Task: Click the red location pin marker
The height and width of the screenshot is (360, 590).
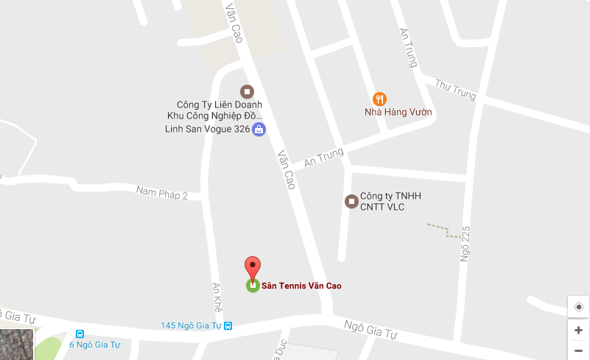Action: tap(253, 268)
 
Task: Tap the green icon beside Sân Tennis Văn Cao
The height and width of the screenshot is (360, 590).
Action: tap(253, 286)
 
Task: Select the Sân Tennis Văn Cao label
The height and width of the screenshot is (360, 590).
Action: tap(302, 286)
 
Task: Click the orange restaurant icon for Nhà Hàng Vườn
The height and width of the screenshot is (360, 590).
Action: tap(379, 99)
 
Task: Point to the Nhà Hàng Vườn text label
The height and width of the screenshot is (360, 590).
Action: tap(398, 113)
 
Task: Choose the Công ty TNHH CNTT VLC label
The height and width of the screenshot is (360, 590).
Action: tap(390, 201)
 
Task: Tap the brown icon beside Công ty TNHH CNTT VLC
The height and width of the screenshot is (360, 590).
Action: tap(351, 200)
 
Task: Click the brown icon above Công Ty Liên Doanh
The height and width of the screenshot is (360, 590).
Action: tap(247, 91)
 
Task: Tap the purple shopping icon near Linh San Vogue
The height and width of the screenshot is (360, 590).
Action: tap(259, 130)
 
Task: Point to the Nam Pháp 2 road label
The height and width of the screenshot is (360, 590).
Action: tap(162, 193)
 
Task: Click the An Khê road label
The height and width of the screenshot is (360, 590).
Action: tap(217, 297)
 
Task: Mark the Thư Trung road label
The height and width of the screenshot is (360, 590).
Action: tap(456, 89)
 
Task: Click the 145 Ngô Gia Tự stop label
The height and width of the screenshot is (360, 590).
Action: tap(192, 325)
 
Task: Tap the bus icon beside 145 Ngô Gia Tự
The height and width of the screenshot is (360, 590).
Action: tap(228, 325)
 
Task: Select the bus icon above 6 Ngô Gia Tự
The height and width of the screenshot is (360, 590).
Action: tap(80, 333)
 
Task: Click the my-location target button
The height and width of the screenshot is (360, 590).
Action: tap(578, 306)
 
